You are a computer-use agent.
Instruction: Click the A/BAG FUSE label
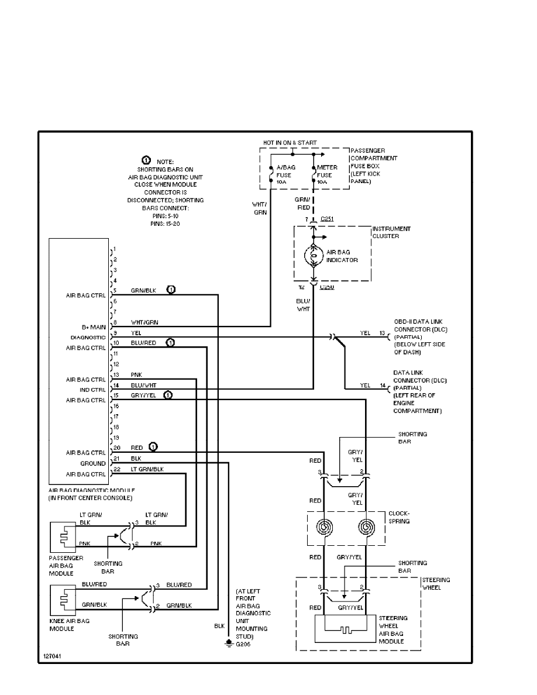pyautogui.click(x=285, y=174)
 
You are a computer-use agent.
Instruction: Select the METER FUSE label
pyautogui.click(x=327, y=174)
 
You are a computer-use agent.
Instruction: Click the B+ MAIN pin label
pyautogui.click(x=94, y=327)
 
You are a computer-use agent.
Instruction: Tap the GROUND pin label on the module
pyautogui.click(x=94, y=463)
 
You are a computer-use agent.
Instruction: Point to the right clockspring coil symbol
pyautogui.click(x=367, y=528)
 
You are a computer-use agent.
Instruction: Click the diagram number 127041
pyautogui.click(x=52, y=656)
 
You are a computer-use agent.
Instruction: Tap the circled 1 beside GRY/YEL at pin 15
pyautogui.click(x=168, y=395)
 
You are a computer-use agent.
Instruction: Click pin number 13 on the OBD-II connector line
pyautogui.click(x=383, y=333)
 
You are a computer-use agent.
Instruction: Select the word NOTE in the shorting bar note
pyautogui.click(x=165, y=161)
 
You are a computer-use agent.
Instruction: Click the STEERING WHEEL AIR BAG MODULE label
pyautogui.click(x=392, y=629)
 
